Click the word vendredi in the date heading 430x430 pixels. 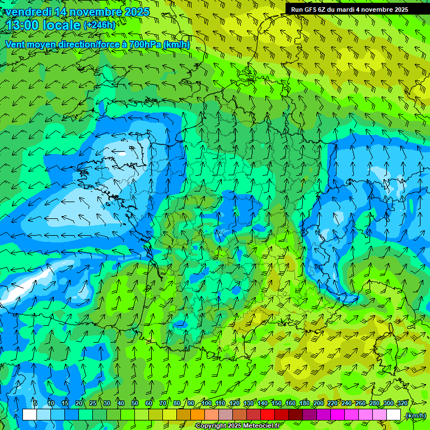point(27,12)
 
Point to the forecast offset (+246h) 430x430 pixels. point(99,25)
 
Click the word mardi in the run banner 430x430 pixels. point(348,9)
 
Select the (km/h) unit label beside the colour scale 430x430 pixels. point(415,415)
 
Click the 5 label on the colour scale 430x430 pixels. point(35,404)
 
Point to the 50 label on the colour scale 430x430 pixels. point(135,404)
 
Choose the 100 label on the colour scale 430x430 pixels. point(207,404)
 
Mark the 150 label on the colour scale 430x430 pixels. point(277,404)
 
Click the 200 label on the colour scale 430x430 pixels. point(319,404)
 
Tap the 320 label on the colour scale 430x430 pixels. point(402,404)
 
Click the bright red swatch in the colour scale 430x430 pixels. point(268,415)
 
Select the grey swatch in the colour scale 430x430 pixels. point(226,415)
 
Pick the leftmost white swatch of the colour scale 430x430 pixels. point(30,415)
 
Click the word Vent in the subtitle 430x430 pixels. point(15,44)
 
